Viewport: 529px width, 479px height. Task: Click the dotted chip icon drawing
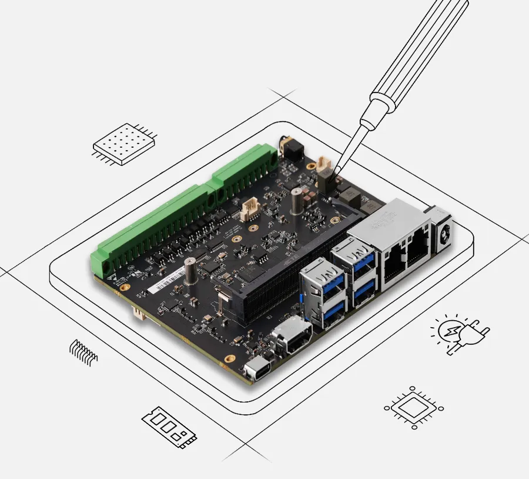[124, 143]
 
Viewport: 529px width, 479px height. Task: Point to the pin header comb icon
[83, 351]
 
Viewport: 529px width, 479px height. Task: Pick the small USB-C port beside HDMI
[255, 372]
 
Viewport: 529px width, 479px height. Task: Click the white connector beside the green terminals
[252, 208]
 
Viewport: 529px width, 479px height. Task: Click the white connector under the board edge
[139, 312]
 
